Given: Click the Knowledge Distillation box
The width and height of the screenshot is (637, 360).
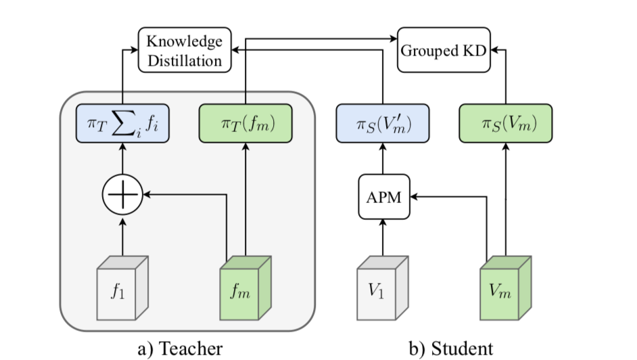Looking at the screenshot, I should (185, 50).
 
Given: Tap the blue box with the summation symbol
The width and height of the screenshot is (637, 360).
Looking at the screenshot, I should (122, 123).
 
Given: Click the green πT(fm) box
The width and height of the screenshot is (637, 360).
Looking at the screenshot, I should (245, 123).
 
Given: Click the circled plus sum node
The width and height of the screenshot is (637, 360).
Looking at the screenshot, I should (122, 194).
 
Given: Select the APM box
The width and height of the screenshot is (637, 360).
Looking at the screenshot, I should (383, 198).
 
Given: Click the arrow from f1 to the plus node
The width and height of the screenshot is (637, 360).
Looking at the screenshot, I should (122, 233).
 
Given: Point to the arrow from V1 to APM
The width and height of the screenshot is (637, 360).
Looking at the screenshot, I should (383, 237).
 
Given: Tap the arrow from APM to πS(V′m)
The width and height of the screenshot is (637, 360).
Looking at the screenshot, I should (383, 161).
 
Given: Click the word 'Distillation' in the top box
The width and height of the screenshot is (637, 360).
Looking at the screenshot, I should (185, 60).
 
